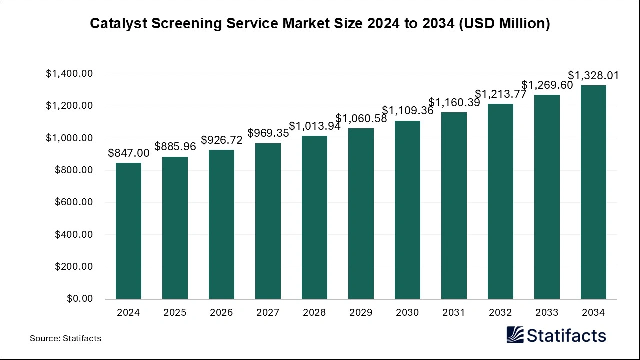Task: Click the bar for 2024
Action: (128, 231)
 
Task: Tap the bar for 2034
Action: (593, 192)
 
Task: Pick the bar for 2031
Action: (454, 206)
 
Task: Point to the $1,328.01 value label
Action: (593, 76)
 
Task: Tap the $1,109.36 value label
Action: (408, 111)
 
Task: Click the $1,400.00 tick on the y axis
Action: (69, 74)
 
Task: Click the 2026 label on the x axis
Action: (221, 313)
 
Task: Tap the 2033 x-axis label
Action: (547, 313)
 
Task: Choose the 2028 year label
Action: (314, 313)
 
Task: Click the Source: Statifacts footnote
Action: (65, 338)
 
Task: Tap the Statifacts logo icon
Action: (515, 335)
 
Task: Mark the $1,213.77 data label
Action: (500, 94)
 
